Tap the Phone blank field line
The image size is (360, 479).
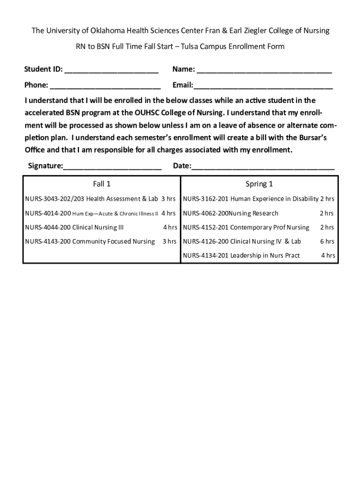pos(105,87)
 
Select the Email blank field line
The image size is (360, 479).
pos(263,87)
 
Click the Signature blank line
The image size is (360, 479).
pos(112,167)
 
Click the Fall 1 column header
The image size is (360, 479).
pos(101,184)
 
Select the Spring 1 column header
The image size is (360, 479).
pos(259,184)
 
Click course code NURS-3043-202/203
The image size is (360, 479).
pos(54,199)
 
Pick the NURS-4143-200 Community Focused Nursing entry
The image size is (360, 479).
pos(90,241)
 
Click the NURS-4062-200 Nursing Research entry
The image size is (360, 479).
pos(230,213)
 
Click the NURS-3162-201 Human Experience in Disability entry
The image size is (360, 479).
pos(251,199)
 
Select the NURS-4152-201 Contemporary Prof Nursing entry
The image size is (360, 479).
pos(246,227)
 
